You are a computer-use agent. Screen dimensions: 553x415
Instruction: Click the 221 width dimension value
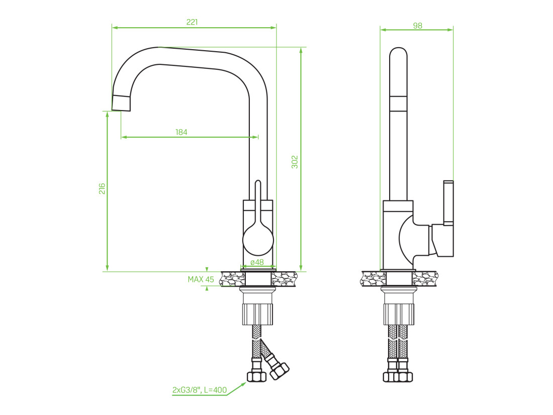pyautogui.click(x=192, y=22)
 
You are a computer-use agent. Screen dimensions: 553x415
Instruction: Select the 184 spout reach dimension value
pyautogui.click(x=181, y=132)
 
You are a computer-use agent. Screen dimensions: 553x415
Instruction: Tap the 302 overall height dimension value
pyautogui.click(x=295, y=162)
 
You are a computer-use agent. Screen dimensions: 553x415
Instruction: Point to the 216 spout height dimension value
pyautogui.click(x=102, y=188)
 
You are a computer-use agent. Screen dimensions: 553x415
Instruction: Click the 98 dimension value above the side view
pyautogui.click(x=418, y=26)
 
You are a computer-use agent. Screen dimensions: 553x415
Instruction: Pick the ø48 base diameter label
pyautogui.click(x=257, y=262)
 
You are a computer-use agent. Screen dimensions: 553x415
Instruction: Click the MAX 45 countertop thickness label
pyautogui.click(x=201, y=280)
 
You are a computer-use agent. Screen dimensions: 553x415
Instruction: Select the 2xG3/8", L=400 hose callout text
pyautogui.click(x=199, y=390)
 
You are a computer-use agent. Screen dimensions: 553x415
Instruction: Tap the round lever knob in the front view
pyautogui.click(x=258, y=240)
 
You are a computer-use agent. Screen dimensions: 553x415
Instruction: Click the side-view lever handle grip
pyautogui.click(x=448, y=203)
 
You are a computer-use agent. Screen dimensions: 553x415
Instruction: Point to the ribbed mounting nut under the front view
pyautogui.click(x=258, y=314)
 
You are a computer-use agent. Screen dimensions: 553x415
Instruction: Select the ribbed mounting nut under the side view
pyautogui.click(x=399, y=314)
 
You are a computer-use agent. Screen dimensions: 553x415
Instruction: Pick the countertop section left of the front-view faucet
pyautogui.click(x=233, y=279)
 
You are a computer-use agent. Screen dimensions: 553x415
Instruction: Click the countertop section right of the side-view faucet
pyautogui.click(x=425, y=278)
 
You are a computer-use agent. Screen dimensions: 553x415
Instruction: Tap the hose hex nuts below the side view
pyautogui.click(x=398, y=377)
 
